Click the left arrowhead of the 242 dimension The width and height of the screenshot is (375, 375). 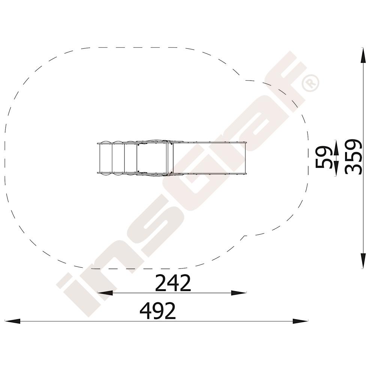coord(105,293)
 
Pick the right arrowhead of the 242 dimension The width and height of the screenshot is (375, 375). coord(238,293)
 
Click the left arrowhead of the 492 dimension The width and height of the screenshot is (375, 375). coord(12,321)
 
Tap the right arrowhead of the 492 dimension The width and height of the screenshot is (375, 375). coord(300,321)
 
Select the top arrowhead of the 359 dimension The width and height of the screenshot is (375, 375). coord(363,55)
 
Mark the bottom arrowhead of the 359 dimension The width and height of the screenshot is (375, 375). coord(363,261)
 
